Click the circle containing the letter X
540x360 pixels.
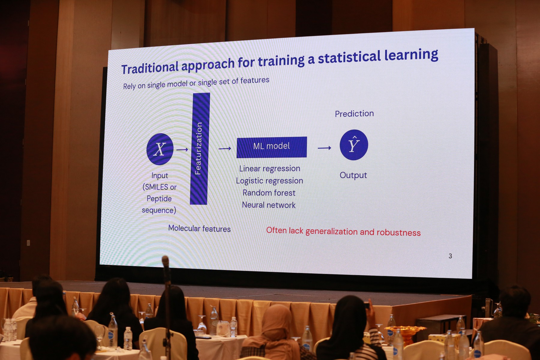tap(160, 149)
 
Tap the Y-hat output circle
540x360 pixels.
tap(354, 145)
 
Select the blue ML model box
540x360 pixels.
tap(272, 147)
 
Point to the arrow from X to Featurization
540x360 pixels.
tap(182, 149)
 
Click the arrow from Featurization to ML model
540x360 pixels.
tap(225, 148)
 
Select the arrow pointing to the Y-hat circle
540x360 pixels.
tap(325, 148)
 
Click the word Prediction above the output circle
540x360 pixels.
tap(354, 114)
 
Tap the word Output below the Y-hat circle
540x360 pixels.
tap(353, 175)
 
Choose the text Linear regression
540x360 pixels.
tap(270, 169)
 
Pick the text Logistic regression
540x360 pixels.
tap(269, 181)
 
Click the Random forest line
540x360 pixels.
tap(269, 193)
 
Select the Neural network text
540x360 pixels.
tap(269, 205)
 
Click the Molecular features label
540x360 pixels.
tap(199, 229)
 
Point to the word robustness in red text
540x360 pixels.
tap(398, 233)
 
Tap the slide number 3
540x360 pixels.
tap(450, 256)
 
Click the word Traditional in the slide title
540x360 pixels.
tap(150, 68)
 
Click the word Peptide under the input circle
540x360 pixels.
tap(159, 199)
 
